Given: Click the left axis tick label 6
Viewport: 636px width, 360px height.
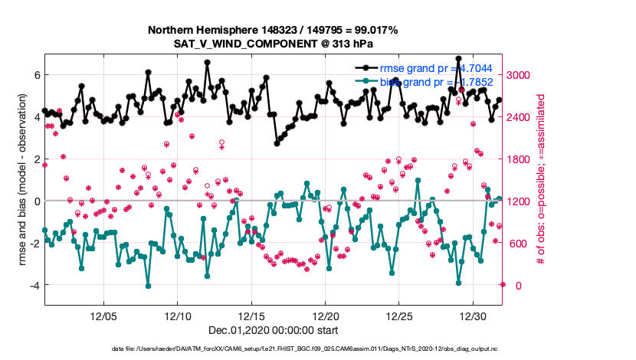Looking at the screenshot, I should point(36,75).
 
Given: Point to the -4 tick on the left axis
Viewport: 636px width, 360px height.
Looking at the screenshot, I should point(34,285).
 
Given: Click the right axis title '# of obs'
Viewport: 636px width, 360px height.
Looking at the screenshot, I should point(541,179).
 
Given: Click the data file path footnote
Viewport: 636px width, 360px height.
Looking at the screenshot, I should point(273,349).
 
